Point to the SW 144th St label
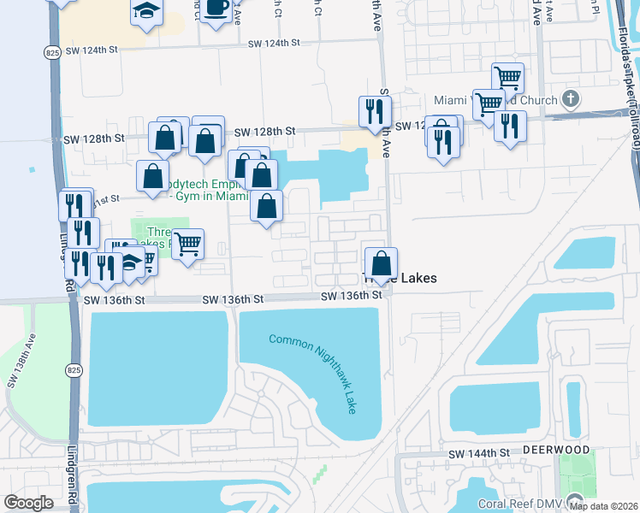coord(478,452)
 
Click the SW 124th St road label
coord(275,43)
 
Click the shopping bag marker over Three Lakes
coord(381,262)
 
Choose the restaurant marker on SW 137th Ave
coord(375,111)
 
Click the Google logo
coord(28,503)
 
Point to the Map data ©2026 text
coord(602,506)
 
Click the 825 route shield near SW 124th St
coord(52,53)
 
